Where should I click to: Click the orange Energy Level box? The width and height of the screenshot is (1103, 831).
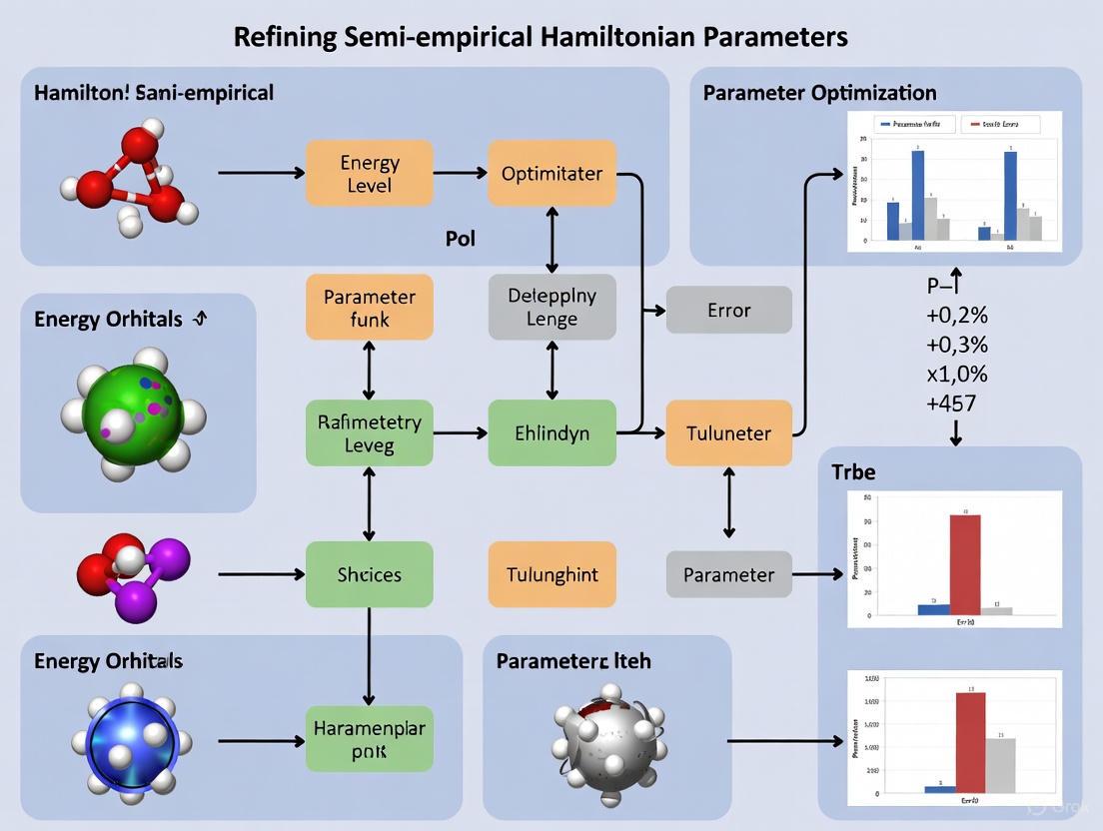369,174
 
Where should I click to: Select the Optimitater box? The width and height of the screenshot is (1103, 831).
551,174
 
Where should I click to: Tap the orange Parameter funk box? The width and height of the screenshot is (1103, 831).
369,308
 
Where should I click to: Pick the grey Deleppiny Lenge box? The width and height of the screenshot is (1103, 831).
551,308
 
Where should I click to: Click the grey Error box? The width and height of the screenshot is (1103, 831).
728,310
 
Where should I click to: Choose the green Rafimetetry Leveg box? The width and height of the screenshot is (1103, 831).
369,433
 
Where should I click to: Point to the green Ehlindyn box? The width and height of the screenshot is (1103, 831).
551,433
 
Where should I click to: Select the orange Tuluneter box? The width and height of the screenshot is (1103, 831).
728,433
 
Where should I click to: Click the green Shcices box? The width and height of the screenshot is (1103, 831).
369,574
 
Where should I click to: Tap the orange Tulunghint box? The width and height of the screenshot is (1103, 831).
551,574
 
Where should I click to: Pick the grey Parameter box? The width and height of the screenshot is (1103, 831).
728,574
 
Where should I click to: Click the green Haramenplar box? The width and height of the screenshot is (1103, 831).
369,741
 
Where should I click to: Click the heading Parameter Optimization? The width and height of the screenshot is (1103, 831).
819,93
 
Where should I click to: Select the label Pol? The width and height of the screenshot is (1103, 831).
461,239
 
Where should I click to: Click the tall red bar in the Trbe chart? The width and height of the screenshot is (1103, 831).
964,564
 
